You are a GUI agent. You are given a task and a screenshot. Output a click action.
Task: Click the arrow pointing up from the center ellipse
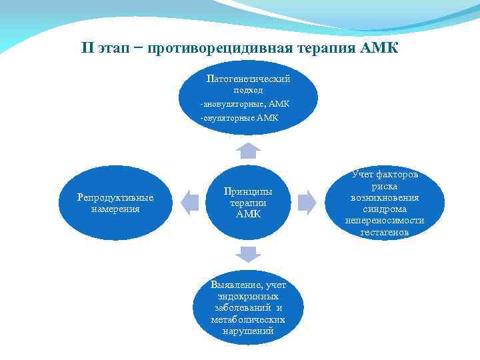point(248,149)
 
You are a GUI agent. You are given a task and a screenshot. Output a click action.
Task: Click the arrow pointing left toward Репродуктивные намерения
point(191,202)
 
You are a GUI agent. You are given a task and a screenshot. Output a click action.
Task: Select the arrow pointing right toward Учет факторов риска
point(307,202)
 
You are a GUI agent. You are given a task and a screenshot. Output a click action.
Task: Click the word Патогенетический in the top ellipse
point(249,79)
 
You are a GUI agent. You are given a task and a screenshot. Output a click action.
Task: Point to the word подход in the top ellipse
point(248,90)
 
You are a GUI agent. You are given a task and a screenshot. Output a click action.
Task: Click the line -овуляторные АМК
point(240,118)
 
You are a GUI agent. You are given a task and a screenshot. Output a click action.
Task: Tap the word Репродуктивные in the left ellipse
point(115,197)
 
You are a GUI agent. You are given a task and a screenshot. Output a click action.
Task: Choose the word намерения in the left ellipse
point(115,209)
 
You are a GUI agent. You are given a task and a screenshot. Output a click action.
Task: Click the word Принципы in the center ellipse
point(248,192)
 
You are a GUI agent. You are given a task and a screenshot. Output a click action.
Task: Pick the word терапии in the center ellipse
point(248,203)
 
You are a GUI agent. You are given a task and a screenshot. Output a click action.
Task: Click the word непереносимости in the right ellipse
point(385,221)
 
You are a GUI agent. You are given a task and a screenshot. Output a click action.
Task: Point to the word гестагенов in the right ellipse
point(385,232)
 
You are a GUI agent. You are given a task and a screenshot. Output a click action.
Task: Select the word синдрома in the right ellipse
point(385,209)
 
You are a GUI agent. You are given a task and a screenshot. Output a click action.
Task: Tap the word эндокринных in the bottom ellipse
point(248,297)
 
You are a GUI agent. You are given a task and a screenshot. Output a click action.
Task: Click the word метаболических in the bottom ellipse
point(248,319)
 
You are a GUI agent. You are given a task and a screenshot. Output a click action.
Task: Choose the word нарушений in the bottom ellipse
point(248,331)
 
